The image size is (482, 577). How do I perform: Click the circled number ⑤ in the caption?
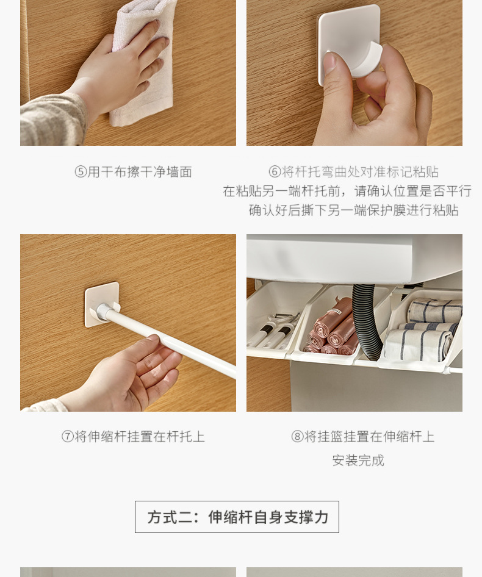click(81, 172)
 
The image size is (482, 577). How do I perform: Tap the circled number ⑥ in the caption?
click(275, 172)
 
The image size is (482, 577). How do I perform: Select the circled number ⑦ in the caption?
click(68, 437)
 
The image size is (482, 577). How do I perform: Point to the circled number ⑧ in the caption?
click(297, 437)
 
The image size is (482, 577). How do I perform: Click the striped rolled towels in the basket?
click(427, 329)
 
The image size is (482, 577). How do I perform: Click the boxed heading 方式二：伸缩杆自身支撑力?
click(237, 517)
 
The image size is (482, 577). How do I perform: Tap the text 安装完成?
click(358, 461)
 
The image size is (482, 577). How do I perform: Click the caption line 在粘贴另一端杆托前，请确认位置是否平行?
click(347, 191)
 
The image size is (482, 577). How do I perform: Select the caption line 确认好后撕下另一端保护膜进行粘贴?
click(353, 210)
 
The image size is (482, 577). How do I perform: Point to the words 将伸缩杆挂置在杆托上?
click(140, 437)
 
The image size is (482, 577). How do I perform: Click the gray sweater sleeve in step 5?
click(52, 119)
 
